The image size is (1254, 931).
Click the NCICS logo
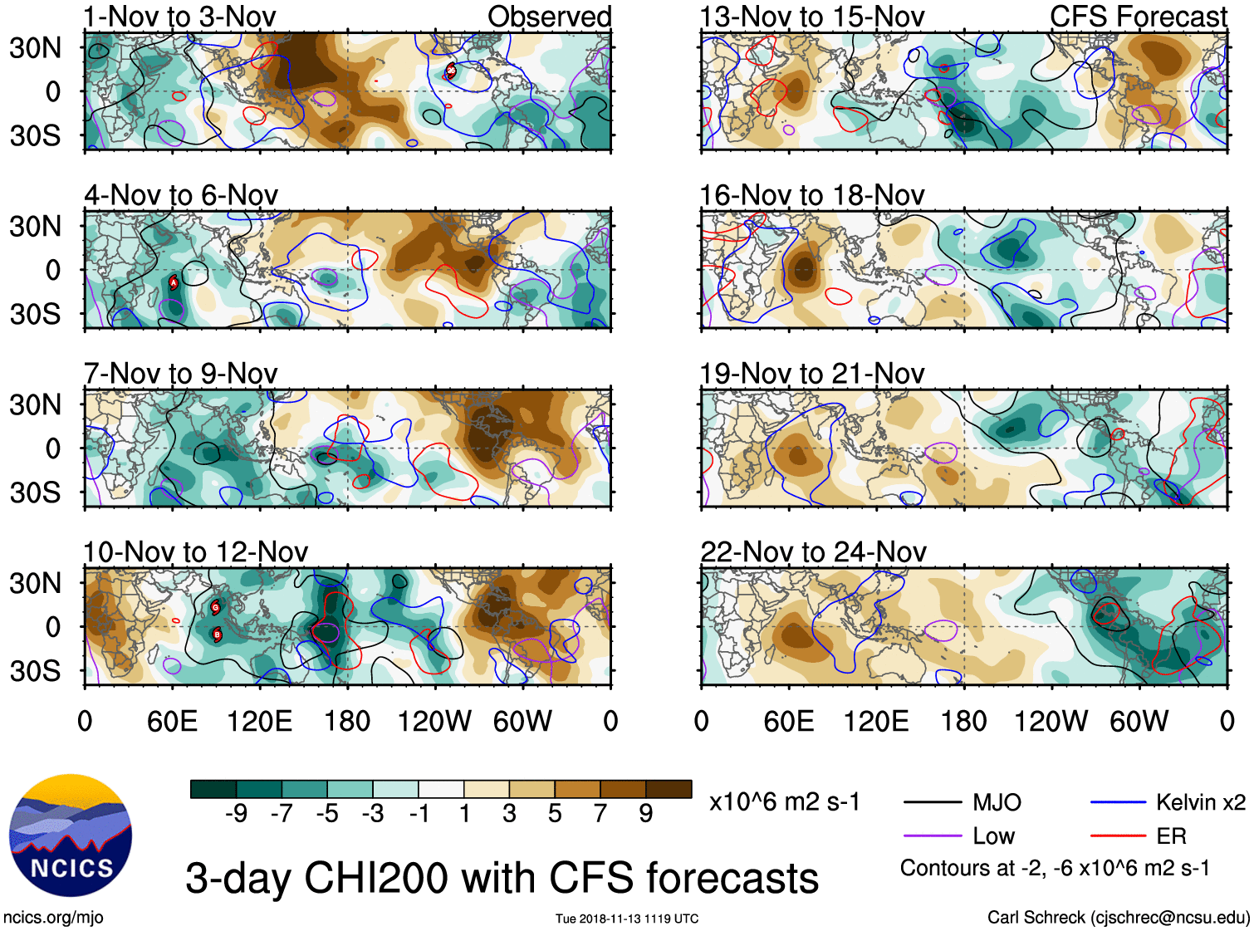71,835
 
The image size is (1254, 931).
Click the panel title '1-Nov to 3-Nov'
179,17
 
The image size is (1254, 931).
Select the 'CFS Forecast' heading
1138,17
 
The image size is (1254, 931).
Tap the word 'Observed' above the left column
549,17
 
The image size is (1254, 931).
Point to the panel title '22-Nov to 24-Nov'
813,552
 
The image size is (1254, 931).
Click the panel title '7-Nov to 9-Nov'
180,374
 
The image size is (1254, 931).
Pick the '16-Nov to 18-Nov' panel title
812,195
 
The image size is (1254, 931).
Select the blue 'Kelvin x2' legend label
1200,802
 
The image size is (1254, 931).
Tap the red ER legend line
1118,836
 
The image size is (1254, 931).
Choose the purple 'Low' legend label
994,836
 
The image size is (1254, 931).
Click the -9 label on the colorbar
236,813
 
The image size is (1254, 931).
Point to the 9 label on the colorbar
645,813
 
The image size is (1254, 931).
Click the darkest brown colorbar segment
669,789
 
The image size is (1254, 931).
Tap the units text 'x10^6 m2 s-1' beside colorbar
784,802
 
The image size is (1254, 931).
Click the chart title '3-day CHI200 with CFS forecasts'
502,878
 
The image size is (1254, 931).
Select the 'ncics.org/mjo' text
53,918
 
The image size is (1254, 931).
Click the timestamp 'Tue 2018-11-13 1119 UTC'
627,919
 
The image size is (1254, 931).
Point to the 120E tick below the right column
876,721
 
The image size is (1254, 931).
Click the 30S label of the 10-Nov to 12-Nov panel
36,671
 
